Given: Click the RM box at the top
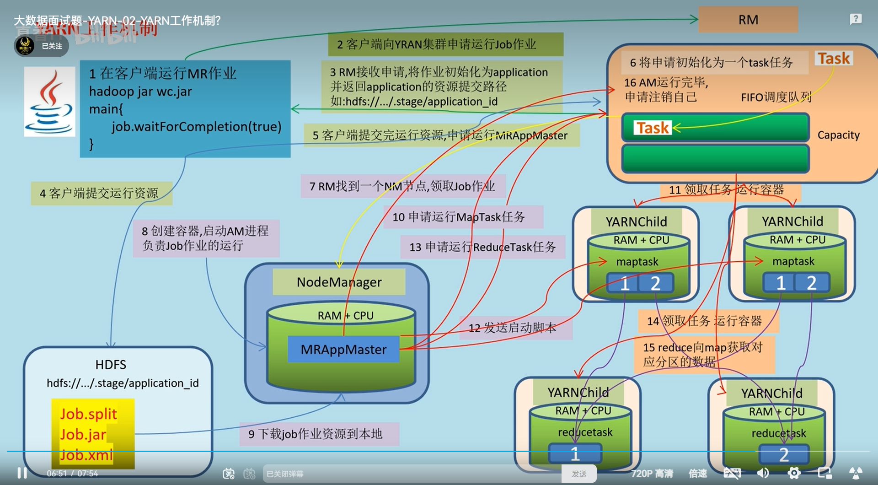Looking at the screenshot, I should pyautogui.click(x=748, y=20).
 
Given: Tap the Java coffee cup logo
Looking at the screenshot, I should pyautogui.click(x=49, y=102).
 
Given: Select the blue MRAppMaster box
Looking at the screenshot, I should pyautogui.click(x=343, y=350).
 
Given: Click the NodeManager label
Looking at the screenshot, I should pyautogui.click(x=339, y=282).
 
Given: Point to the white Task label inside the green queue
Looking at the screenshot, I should pyautogui.click(x=653, y=128).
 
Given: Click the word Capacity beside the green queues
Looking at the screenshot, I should pyautogui.click(x=838, y=135).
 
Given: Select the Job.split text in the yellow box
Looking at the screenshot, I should pyautogui.click(x=89, y=414).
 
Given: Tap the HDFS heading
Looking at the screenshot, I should pyautogui.click(x=111, y=365).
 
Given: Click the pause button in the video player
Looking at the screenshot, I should pyautogui.click(x=22, y=473).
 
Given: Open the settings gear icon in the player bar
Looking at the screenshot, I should pyautogui.click(x=794, y=473).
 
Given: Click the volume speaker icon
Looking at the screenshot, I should pyautogui.click(x=763, y=473).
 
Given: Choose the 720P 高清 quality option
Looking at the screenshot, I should pyautogui.click(x=652, y=474).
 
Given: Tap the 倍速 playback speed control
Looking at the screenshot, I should pyautogui.click(x=698, y=474).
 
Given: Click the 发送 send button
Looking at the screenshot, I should pyautogui.click(x=579, y=474).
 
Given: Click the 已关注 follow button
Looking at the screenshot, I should pyautogui.click(x=52, y=46).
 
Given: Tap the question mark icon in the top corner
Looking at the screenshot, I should pyautogui.click(x=856, y=19).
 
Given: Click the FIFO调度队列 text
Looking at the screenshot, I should pyautogui.click(x=776, y=97).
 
